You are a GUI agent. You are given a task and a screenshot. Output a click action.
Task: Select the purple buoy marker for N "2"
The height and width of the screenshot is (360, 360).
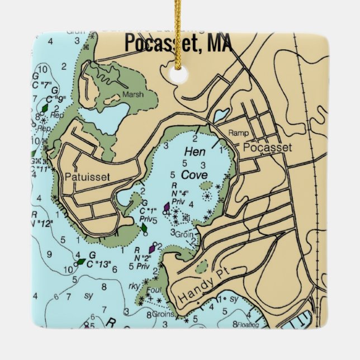click(x=151, y=248)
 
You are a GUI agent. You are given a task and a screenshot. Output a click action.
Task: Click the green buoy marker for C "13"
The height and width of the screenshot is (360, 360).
click(x=82, y=261)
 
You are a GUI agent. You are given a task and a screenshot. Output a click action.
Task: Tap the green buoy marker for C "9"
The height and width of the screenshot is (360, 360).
click(x=44, y=108)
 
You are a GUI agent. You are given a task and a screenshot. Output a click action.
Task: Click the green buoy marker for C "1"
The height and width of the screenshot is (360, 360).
click(x=144, y=228)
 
